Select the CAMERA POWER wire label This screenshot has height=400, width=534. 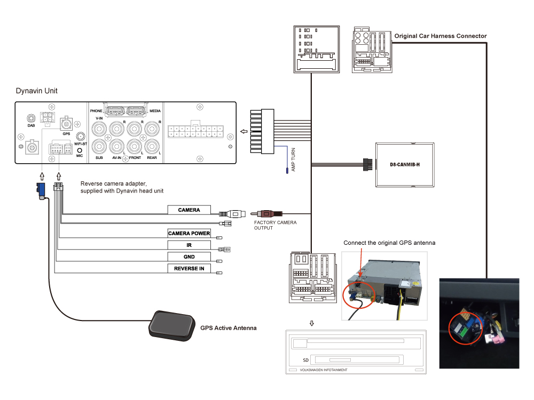point(189,234)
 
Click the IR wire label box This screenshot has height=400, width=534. point(189,245)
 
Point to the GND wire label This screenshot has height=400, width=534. point(189,257)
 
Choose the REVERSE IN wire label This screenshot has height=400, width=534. point(189,268)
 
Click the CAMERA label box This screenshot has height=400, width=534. point(189,210)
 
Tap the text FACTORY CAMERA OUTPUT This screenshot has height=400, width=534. point(275,225)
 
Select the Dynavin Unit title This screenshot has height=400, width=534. point(37,91)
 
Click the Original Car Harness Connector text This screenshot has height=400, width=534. point(441,36)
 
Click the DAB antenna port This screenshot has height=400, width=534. point(32,118)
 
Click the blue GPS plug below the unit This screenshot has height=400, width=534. point(40,190)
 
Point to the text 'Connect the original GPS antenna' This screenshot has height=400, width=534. point(389,243)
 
